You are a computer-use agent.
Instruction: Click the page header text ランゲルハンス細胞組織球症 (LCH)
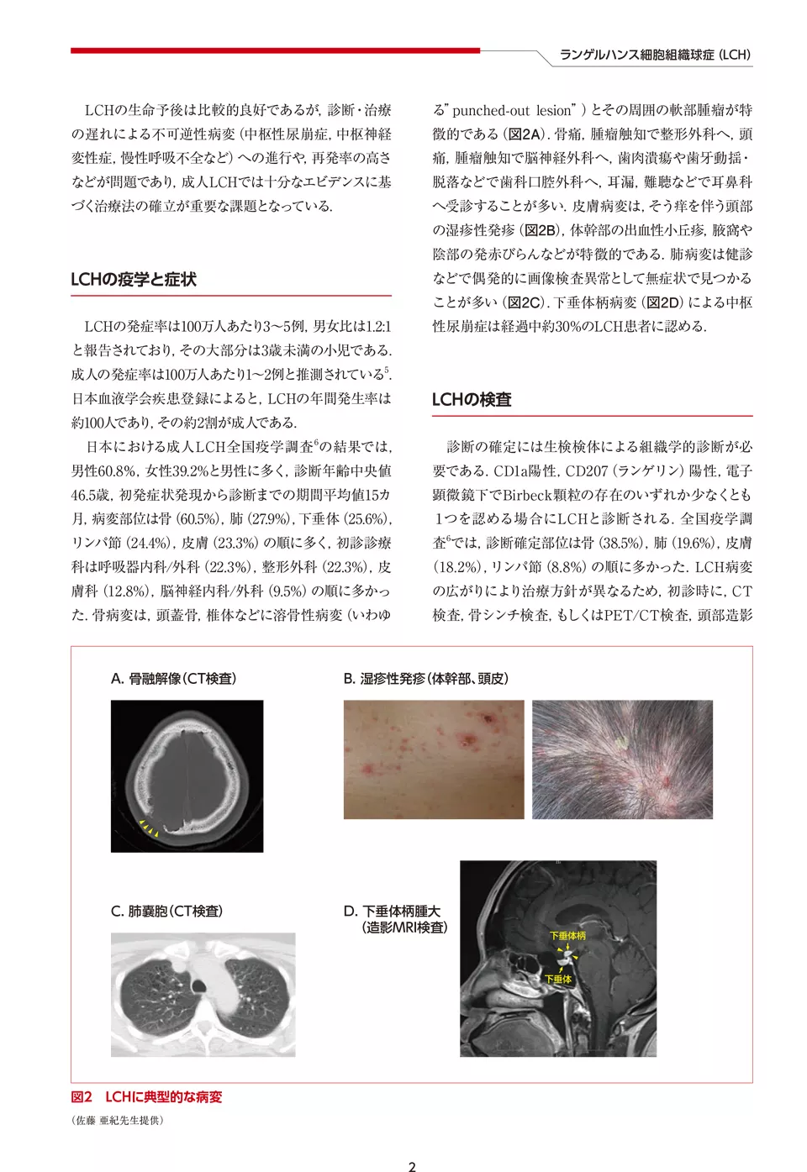pyautogui.click(x=655, y=55)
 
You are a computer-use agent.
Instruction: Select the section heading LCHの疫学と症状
pyautogui.click(x=134, y=280)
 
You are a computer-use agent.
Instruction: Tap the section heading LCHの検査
pyautogui.click(x=472, y=400)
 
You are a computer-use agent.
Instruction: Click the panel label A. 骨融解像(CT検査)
pyautogui.click(x=174, y=679)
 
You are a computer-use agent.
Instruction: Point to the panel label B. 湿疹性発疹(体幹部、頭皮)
pyautogui.click(x=425, y=679)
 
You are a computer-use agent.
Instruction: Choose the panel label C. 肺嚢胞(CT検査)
pyautogui.click(x=166, y=912)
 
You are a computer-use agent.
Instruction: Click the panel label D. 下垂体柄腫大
pyautogui.click(x=393, y=912)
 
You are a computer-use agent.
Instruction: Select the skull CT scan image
pyautogui.click(x=187, y=775)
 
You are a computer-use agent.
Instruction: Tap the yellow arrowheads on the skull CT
pyautogui.click(x=149, y=829)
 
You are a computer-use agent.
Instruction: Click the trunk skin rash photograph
pyautogui.click(x=433, y=759)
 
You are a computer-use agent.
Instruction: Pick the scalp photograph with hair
pyautogui.click(x=622, y=759)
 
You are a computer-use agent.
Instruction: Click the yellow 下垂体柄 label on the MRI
pyautogui.click(x=567, y=935)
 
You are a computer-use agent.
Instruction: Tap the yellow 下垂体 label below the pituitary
pyautogui.click(x=558, y=979)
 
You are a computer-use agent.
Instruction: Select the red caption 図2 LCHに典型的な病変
pyautogui.click(x=146, y=1097)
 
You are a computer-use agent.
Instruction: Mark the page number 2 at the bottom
pyautogui.click(x=412, y=1166)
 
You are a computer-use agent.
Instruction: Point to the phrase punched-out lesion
pyautogui.click(x=513, y=110)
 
